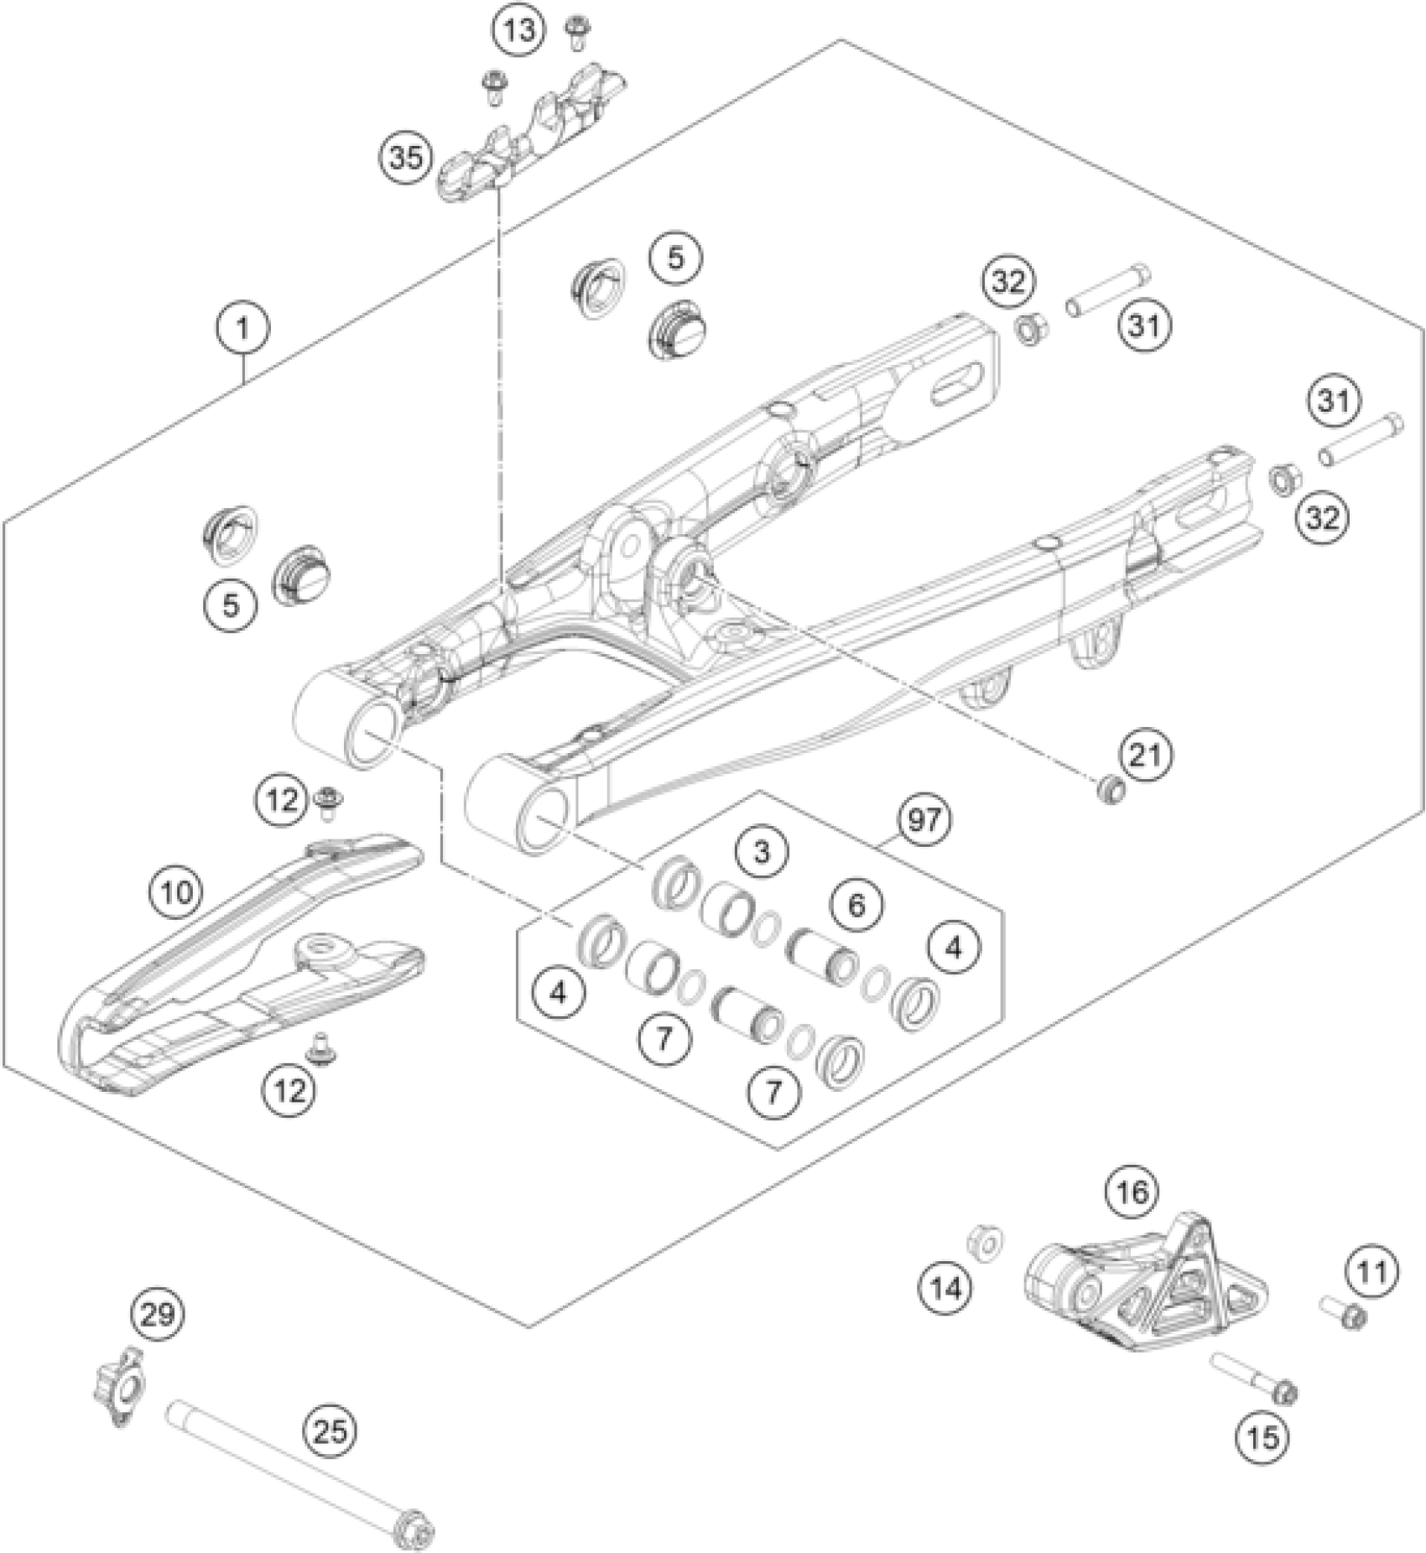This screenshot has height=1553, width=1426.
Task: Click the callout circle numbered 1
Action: click(x=242, y=327)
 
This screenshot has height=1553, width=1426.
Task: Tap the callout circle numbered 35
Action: click(x=406, y=158)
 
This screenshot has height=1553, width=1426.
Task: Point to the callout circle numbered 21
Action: click(x=1146, y=756)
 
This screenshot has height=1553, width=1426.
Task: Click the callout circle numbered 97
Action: click(x=924, y=819)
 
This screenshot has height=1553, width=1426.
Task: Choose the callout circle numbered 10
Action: click(x=177, y=891)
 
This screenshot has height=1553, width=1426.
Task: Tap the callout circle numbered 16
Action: click(x=1132, y=1191)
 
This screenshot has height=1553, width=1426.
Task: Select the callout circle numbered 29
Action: click(x=158, y=1314)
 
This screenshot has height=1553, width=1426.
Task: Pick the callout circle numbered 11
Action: click(x=1372, y=1272)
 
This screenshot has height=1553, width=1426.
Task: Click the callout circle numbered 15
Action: click(x=1262, y=1437)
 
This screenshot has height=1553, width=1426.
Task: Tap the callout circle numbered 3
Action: click(x=762, y=852)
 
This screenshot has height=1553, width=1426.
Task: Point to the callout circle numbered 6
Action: click(x=856, y=905)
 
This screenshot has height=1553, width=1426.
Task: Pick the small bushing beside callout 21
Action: click(x=1111, y=789)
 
